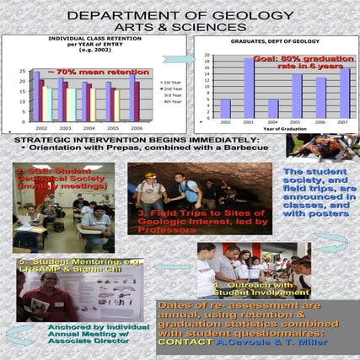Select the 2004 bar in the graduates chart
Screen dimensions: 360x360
272,108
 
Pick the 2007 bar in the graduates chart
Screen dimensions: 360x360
345,93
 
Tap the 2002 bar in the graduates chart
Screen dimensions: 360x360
225,108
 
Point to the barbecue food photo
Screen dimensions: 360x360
320,148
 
